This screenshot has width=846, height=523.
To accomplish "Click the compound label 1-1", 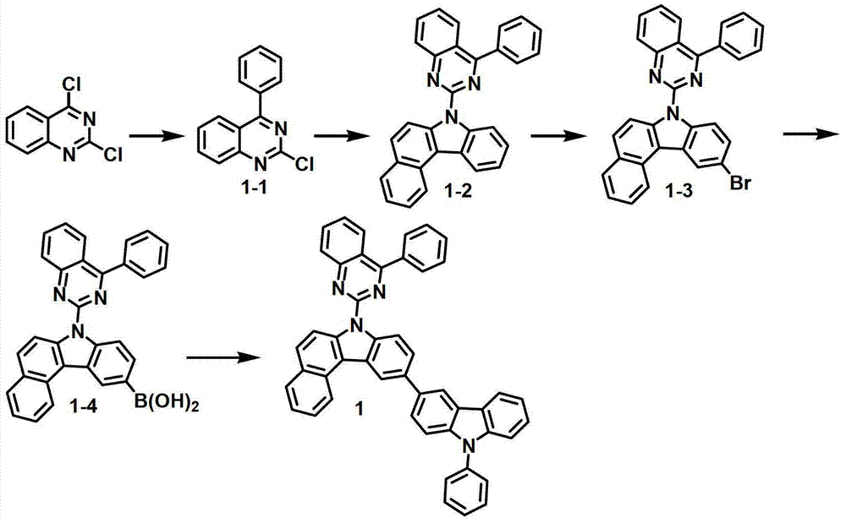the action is [x=255, y=189].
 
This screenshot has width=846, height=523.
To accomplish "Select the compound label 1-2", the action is [x=456, y=190].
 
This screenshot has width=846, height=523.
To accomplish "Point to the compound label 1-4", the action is [x=84, y=406].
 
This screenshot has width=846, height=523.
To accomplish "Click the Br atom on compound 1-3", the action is [x=740, y=183].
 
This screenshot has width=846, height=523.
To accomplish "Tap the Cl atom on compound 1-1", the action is [x=304, y=164].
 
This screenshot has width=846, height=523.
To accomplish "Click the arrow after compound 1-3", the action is [x=810, y=136].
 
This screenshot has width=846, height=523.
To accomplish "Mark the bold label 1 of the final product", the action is [x=359, y=409].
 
